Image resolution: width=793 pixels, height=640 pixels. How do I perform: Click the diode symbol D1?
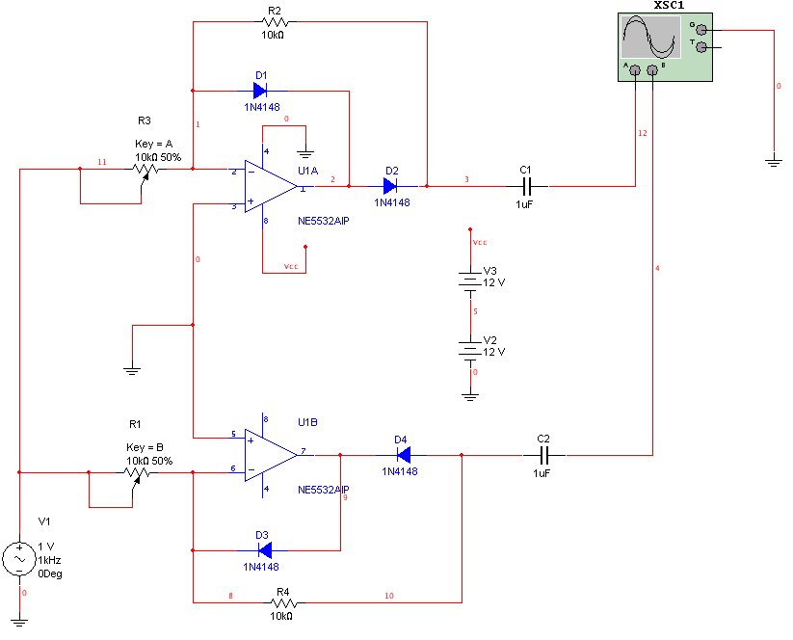pyautogui.click(x=260, y=91)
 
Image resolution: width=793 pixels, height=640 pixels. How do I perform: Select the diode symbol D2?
pyautogui.click(x=390, y=186)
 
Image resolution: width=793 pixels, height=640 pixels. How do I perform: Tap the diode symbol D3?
pyautogui.click(x=265, y=550)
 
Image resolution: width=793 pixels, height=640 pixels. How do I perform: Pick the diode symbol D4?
pyautogui.click(x=404, y=455)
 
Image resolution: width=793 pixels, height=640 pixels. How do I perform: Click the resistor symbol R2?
pyautogui.click(x=276, y=22)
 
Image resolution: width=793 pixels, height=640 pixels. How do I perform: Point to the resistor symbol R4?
pyautogui.click(x=284, y=602)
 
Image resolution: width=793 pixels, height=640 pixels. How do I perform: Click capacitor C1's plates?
pyautogui.click(x=526, y=186)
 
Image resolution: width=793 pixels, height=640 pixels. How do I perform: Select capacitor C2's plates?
pyautogui.click(x=543, y=455)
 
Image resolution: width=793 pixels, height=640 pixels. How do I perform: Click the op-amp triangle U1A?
pyautogui.click(x=271, y=186)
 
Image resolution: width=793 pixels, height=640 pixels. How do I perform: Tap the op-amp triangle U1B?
pyautogui.click(x=271, y=455)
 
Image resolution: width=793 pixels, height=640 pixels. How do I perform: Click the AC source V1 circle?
pyautogui.click(x=19, y=559)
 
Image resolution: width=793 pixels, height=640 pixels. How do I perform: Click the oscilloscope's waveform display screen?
pyautogui.click(x=651, y=37)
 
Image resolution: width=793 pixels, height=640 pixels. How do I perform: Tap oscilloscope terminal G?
pyautogui.click(x=701, y=30)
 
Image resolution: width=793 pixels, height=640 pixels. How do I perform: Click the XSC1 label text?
pyautogui.click(x=669, y=5)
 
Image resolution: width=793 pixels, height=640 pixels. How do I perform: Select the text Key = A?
pyautogui.click(x=154, y=144)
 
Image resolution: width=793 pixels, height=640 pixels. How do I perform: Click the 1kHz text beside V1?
pyautogui.click(x=49, y=560)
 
